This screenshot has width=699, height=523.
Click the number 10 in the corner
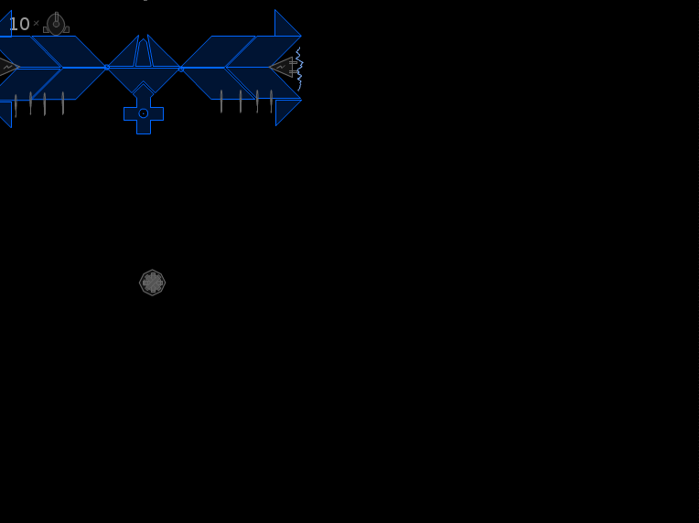19,24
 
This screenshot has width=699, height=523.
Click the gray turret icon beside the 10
56,24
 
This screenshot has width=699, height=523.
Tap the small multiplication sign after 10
36,23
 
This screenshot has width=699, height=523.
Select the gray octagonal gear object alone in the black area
153,283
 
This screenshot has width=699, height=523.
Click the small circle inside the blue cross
143,113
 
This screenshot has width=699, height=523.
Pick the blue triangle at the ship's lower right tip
285,110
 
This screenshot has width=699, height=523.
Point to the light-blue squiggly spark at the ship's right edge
299,69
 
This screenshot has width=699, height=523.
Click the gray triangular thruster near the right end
283,68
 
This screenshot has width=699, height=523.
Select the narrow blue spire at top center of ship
143,52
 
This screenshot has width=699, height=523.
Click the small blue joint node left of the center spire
106,68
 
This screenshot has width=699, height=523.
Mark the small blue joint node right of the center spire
181,69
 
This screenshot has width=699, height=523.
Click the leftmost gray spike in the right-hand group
221,101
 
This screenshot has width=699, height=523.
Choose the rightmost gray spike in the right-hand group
271,101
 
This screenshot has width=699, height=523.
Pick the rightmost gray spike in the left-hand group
63,103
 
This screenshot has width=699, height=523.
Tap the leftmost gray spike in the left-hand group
16,105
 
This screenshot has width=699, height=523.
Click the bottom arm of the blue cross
144,127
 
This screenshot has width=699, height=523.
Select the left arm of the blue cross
130,113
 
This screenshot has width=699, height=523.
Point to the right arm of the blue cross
157,113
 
